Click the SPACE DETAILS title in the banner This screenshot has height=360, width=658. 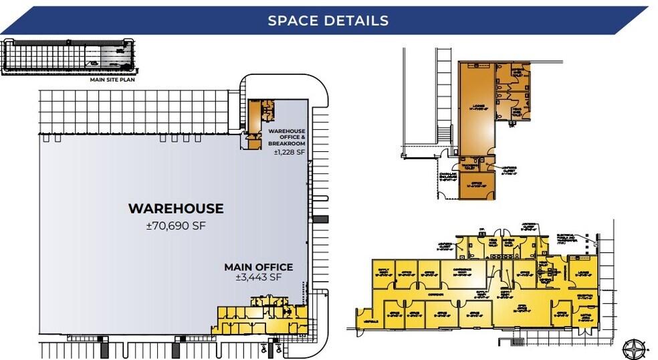coord(328,20)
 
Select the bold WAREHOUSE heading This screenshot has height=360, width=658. coord(176,209)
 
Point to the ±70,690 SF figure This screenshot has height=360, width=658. coord(176,226)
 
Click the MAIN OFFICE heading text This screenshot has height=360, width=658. coord(258,267)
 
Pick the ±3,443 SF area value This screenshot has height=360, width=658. coord(258,277)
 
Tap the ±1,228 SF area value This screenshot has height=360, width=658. coord(289,153)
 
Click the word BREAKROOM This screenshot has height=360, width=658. coord(286,143)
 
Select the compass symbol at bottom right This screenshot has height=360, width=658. coord(632,347)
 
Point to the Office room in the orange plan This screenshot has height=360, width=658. coord(476,183)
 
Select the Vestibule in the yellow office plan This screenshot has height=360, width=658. coord(362,320)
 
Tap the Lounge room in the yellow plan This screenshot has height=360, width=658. coord(580,272)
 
